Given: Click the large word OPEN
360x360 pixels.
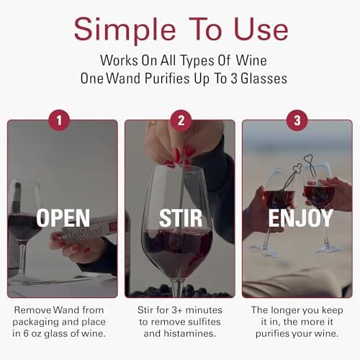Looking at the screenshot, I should tap(63, 218).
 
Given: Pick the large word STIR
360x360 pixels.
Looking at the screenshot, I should tap(180, 218).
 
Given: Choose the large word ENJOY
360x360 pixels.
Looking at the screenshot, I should tap(297, 218).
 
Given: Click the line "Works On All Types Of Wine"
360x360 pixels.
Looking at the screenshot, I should tap(180, 60).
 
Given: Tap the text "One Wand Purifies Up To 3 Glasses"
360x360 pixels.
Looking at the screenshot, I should tap(180, 78).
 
